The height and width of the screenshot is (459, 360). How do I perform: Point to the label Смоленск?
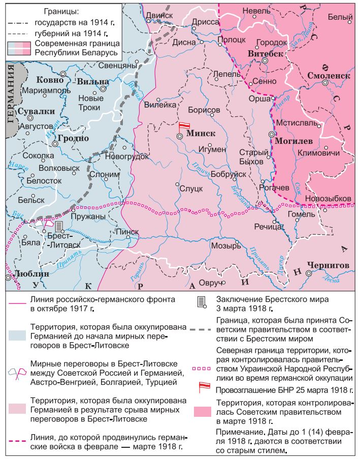(x=329, y=75)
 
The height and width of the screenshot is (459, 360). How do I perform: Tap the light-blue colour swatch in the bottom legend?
(x=18, y=333)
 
